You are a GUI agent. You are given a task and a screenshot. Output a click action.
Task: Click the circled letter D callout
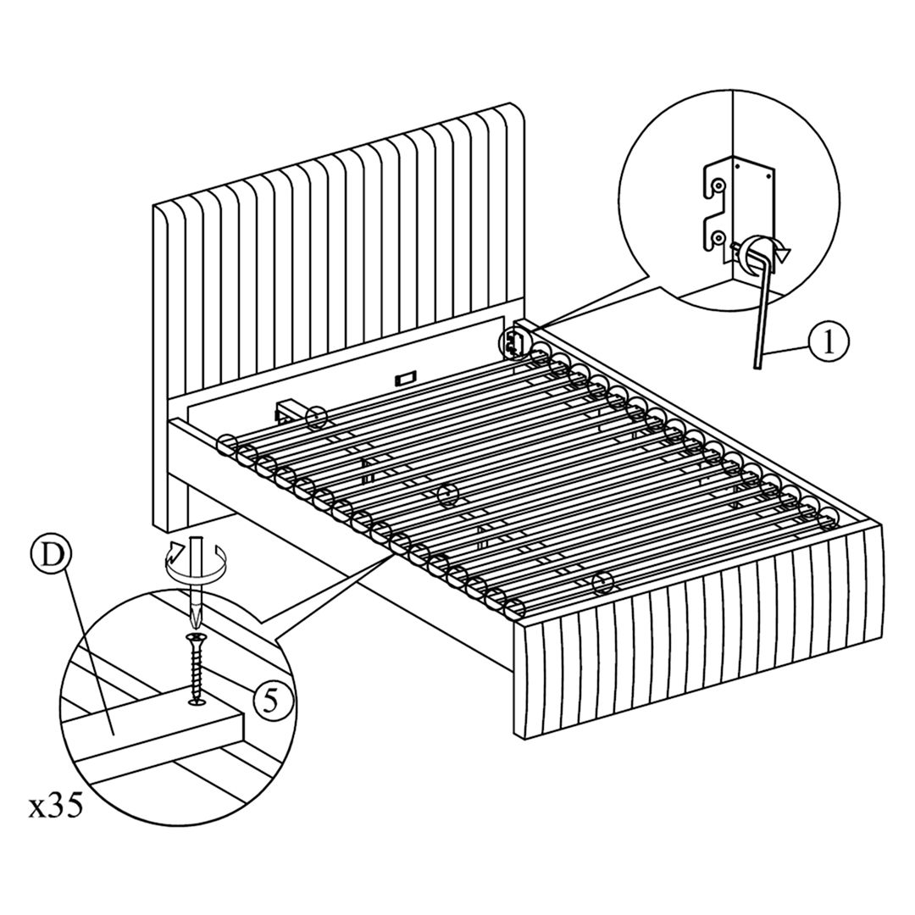coord(52,557)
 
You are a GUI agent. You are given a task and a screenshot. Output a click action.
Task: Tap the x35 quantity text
coord(56,806)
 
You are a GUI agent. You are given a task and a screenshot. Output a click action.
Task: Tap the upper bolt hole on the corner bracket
coord(718,184)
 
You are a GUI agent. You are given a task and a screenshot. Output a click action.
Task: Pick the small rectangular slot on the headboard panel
coord(404,375)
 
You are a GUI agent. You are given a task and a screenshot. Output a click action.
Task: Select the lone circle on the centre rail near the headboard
coord(316,416)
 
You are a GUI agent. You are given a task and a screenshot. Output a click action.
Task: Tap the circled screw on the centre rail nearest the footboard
coord(602,581)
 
